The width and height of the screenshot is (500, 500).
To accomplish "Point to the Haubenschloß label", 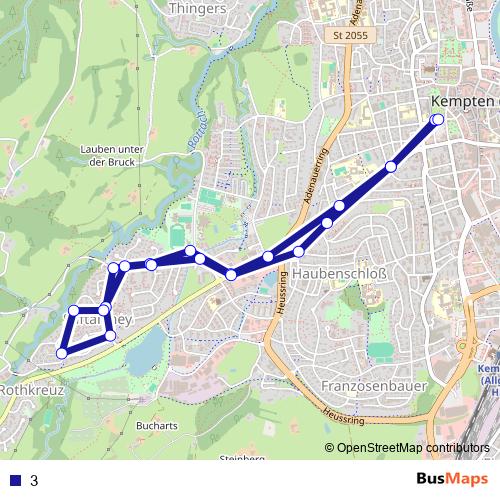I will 345,273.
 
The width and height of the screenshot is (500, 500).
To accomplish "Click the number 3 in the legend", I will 34,480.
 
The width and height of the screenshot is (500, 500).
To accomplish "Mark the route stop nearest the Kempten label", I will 437,120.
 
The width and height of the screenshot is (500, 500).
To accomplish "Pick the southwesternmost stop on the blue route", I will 62,352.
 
